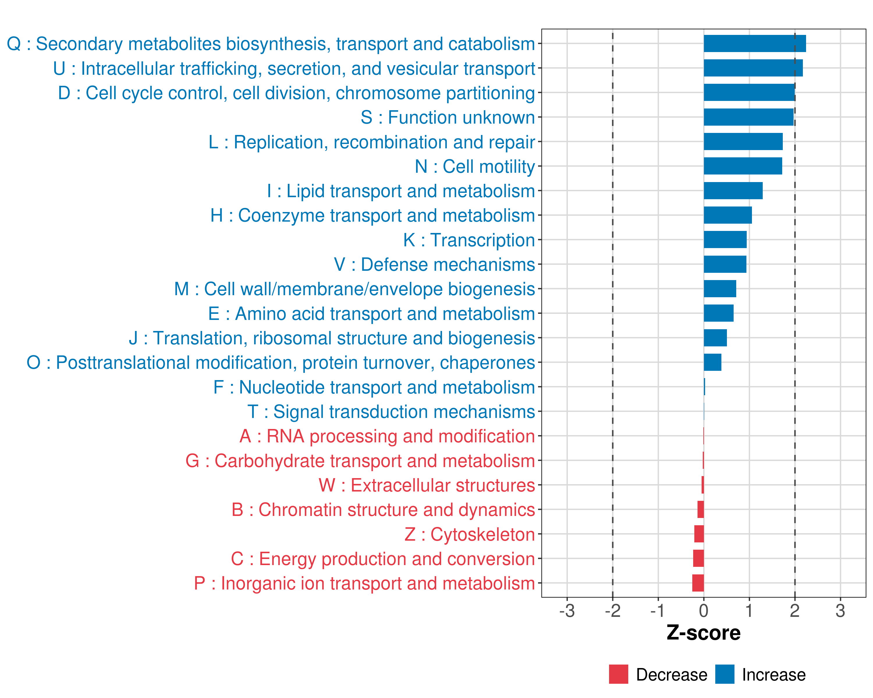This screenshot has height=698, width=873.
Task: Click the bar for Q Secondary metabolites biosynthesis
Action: point(755,44)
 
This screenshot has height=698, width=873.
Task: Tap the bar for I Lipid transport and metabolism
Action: point(733,190)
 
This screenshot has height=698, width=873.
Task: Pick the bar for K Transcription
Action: point(725,240)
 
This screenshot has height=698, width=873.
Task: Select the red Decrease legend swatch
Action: point(619,674)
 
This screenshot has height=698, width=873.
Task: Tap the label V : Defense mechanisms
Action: point(434,265)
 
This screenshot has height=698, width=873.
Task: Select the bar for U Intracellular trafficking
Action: point(753,68)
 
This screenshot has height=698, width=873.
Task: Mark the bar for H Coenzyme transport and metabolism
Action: point(727,215)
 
